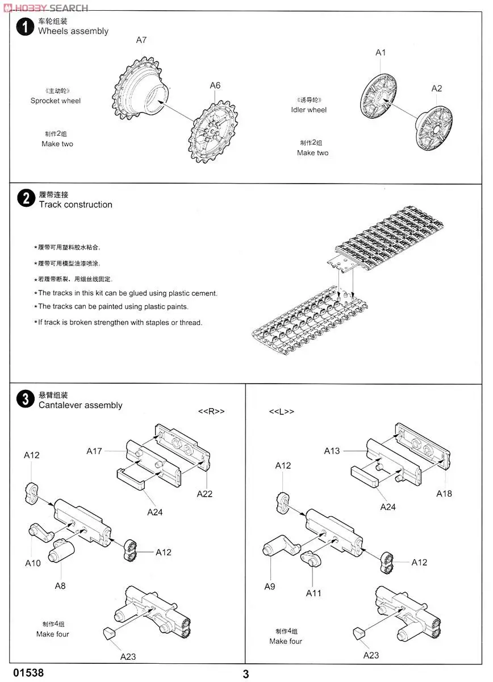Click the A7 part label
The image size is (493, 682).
[x=141, y=40]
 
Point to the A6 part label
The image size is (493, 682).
[x=215, y=86]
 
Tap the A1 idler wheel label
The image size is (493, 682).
[x=381, y=52]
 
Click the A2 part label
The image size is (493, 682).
[x=436, y=89]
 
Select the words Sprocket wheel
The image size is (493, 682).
[x=56, y=101]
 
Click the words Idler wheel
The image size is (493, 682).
[x=309, y=110]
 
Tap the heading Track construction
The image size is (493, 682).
[x=76, y=205]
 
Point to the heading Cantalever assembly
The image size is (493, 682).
[x=80, y=405]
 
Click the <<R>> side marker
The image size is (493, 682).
[x=211, y=411]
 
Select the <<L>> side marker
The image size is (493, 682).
[x=282, y=411]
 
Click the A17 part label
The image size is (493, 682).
[x=94, y=451]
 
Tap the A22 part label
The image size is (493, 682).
[x=204, y=494]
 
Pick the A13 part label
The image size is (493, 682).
[x=332, y=451]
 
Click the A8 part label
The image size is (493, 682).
[x=60, y=586]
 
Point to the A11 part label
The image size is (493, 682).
[x=314, y=593]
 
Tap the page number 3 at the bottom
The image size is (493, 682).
[x=246, y=675]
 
